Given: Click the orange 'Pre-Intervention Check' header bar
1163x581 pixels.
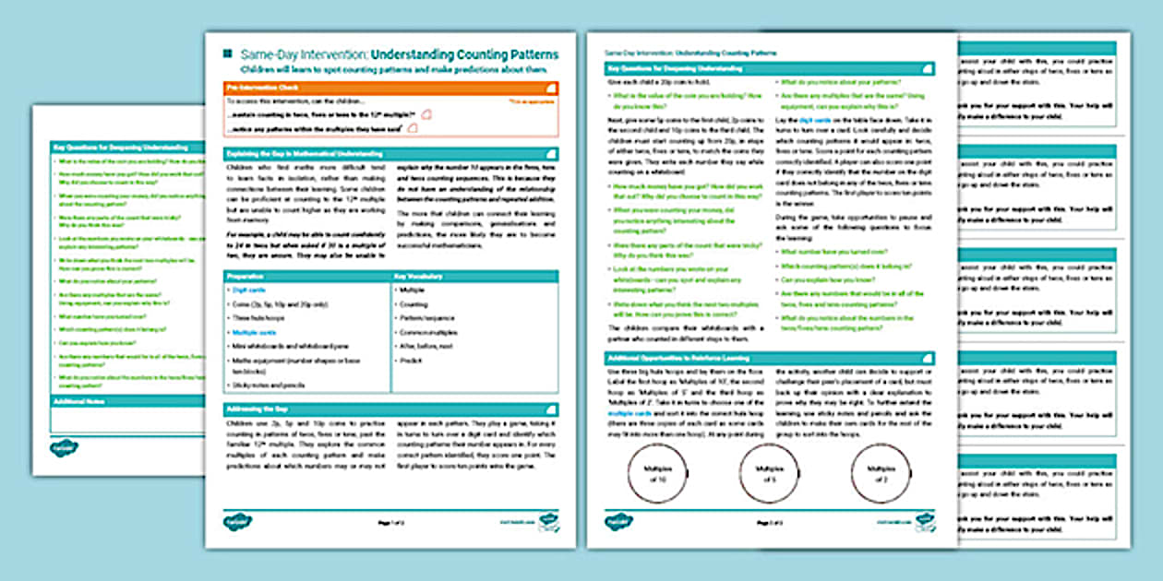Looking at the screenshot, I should click(x=390, y=88).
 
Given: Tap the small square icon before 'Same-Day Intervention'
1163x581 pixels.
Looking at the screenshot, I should click(x=227, y=54).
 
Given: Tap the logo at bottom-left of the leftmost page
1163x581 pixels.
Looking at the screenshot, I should click(x=64, y=448).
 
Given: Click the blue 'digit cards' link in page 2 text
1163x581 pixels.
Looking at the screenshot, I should click(x=814, y=121).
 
